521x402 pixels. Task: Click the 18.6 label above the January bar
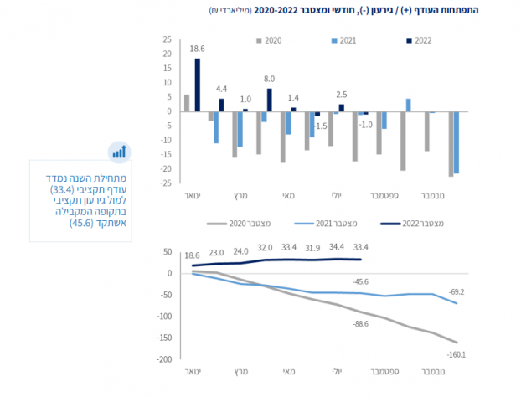[199, 49]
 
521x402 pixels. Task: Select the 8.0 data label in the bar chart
[270, 80]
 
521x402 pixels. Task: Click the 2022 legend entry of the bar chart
[420, 40]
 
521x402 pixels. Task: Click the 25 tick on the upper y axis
[167, 39]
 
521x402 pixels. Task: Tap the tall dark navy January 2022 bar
[198, 85]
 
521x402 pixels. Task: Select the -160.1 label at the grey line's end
[456, 355]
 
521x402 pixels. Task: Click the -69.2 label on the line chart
[456, 291]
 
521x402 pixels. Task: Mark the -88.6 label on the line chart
[361, 323]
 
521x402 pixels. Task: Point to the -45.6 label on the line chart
[361, 281]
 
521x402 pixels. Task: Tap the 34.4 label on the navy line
[337, 248]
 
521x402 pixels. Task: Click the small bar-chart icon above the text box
[118, 151]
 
